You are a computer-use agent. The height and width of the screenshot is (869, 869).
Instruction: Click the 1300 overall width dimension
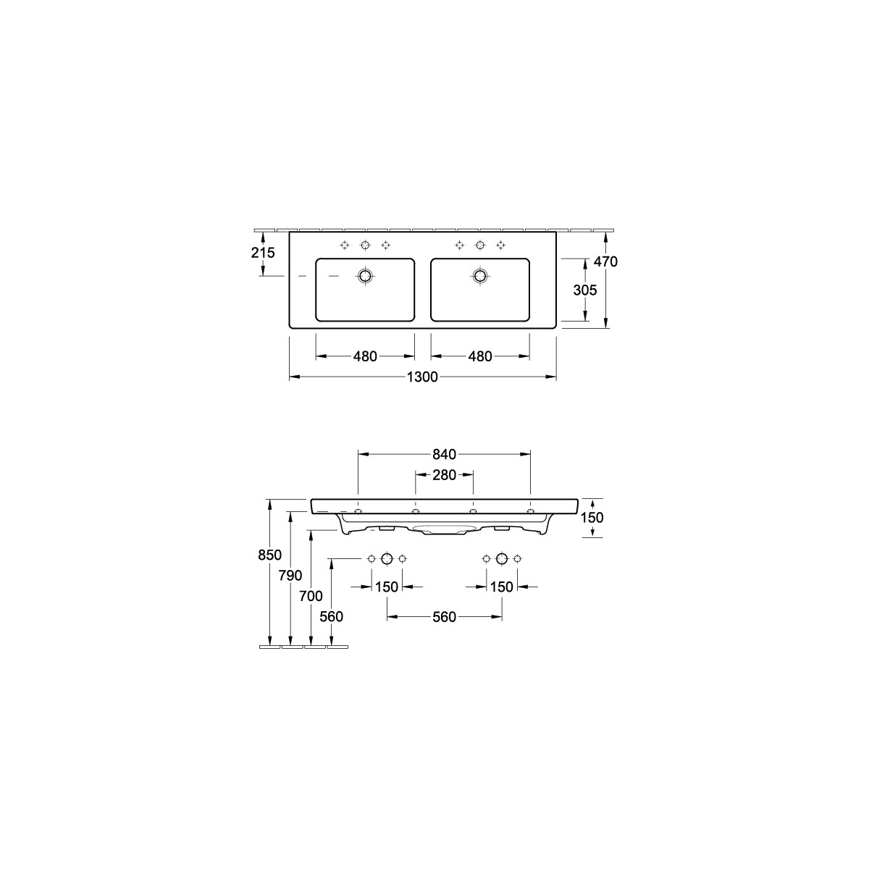pos(422,377)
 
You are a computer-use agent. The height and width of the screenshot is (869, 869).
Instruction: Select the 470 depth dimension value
pos(606,261)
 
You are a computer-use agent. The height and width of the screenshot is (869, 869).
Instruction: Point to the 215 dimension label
pos(263,253)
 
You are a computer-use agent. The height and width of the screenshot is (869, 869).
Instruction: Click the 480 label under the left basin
pos(365,356)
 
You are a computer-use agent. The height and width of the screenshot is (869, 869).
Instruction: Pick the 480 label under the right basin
pos(479,356)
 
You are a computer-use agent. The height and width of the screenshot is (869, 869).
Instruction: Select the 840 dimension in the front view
pos(444,454)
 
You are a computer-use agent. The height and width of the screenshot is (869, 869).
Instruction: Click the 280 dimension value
pos(444,475)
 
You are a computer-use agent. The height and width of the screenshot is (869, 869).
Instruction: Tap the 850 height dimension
pos(269,555)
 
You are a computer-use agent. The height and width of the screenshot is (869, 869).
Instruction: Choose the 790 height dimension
pos(290,576)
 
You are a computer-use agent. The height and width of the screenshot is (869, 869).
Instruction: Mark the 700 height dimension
pos(311,597)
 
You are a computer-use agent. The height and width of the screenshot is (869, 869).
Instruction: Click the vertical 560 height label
pos(331,616)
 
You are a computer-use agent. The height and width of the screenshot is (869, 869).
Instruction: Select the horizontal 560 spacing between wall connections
pos(444,616)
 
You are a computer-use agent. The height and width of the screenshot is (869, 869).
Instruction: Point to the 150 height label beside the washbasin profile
pos(592,517)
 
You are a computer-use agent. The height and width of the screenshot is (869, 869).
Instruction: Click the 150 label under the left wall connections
pos(387,587)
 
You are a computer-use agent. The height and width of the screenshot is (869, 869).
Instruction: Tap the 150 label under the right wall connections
pos(501,587)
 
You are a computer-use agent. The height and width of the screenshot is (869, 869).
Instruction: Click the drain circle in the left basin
pos(365,275)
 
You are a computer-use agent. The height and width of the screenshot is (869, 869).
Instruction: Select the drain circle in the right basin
pos(479,275)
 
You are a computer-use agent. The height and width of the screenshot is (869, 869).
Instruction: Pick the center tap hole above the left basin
pos(365,245)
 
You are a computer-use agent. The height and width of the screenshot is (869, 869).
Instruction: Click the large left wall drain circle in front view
pos(387,558)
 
